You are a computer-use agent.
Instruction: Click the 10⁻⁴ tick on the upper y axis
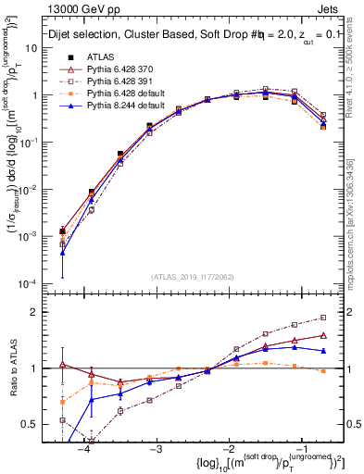coord(37,283)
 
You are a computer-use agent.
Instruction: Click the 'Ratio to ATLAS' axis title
coord(12,368)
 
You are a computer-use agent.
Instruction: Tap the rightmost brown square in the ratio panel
coord(323,318)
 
